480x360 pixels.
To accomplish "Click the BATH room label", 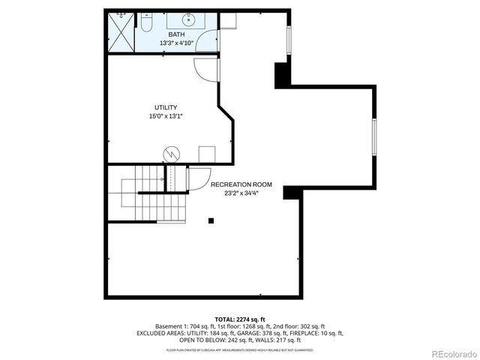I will click(x=177, y=34).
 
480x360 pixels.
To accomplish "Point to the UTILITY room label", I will click(x=166, y=107).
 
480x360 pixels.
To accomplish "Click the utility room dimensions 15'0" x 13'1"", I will click(x=166, y=116).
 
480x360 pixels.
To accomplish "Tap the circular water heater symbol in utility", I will click(x=172, y=154).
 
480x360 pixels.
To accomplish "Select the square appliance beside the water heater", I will click(x=205, y=154).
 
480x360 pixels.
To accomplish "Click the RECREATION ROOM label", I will click(x=241, y=184).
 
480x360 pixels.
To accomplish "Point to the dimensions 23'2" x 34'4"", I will click(x=241, y=193).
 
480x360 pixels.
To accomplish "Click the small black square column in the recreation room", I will click(x=211, y=220).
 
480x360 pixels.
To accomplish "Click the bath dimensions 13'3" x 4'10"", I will click(x=177, y=43).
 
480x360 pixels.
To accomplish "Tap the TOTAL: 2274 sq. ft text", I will click(x=240, y=319).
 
